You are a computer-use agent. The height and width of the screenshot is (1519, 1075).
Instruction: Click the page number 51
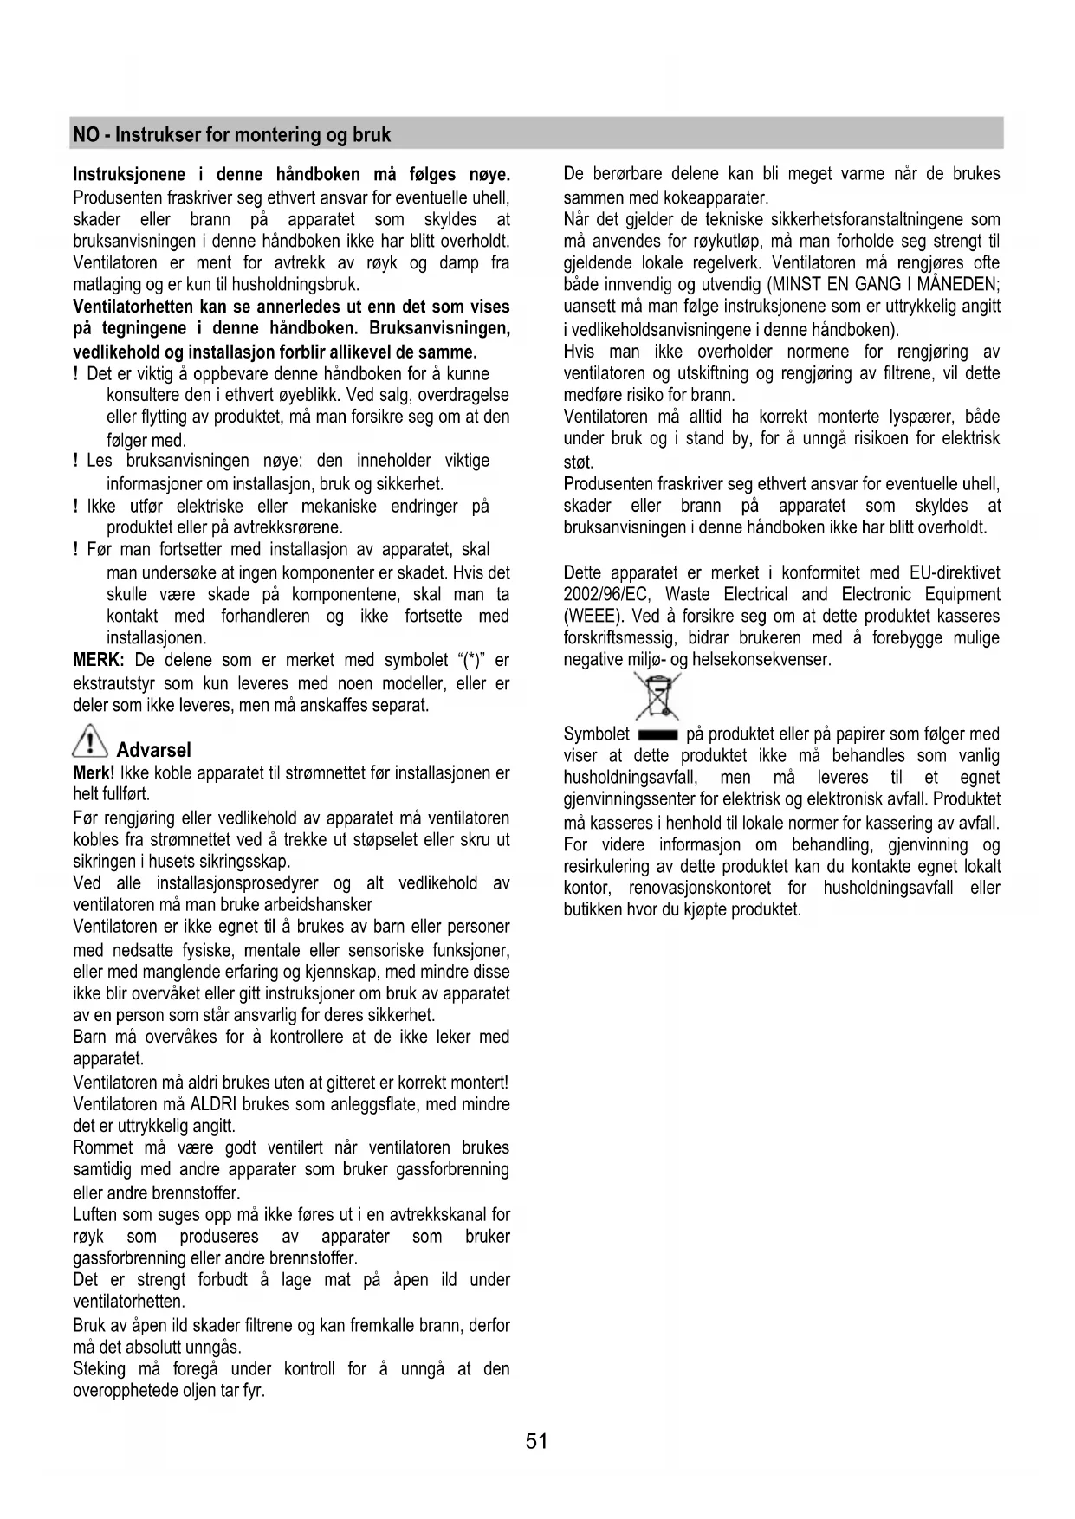(536, 1441)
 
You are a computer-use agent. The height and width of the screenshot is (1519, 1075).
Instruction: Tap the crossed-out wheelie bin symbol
(657, 696)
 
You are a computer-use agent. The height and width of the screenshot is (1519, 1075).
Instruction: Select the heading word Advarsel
(153, 750)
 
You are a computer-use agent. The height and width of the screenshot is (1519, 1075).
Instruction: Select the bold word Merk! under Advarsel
(94, 772)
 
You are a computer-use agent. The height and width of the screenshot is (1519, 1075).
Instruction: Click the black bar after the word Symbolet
(657, 735)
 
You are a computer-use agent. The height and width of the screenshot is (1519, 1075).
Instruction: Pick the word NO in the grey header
(85, 135)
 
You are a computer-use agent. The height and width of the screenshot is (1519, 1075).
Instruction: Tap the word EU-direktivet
(955, 573)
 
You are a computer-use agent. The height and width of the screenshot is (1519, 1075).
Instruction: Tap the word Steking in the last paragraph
(100, 1369)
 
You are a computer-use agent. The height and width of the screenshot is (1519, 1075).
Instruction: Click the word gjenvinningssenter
(629, 799)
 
